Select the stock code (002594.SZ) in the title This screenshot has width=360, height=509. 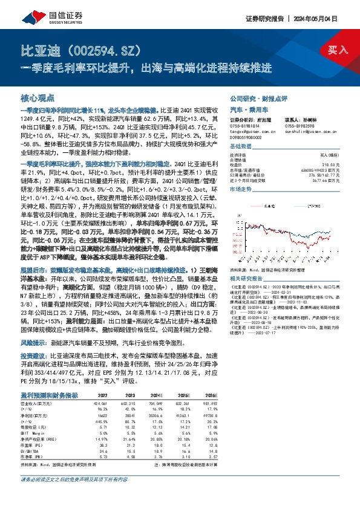pos(99,48)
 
